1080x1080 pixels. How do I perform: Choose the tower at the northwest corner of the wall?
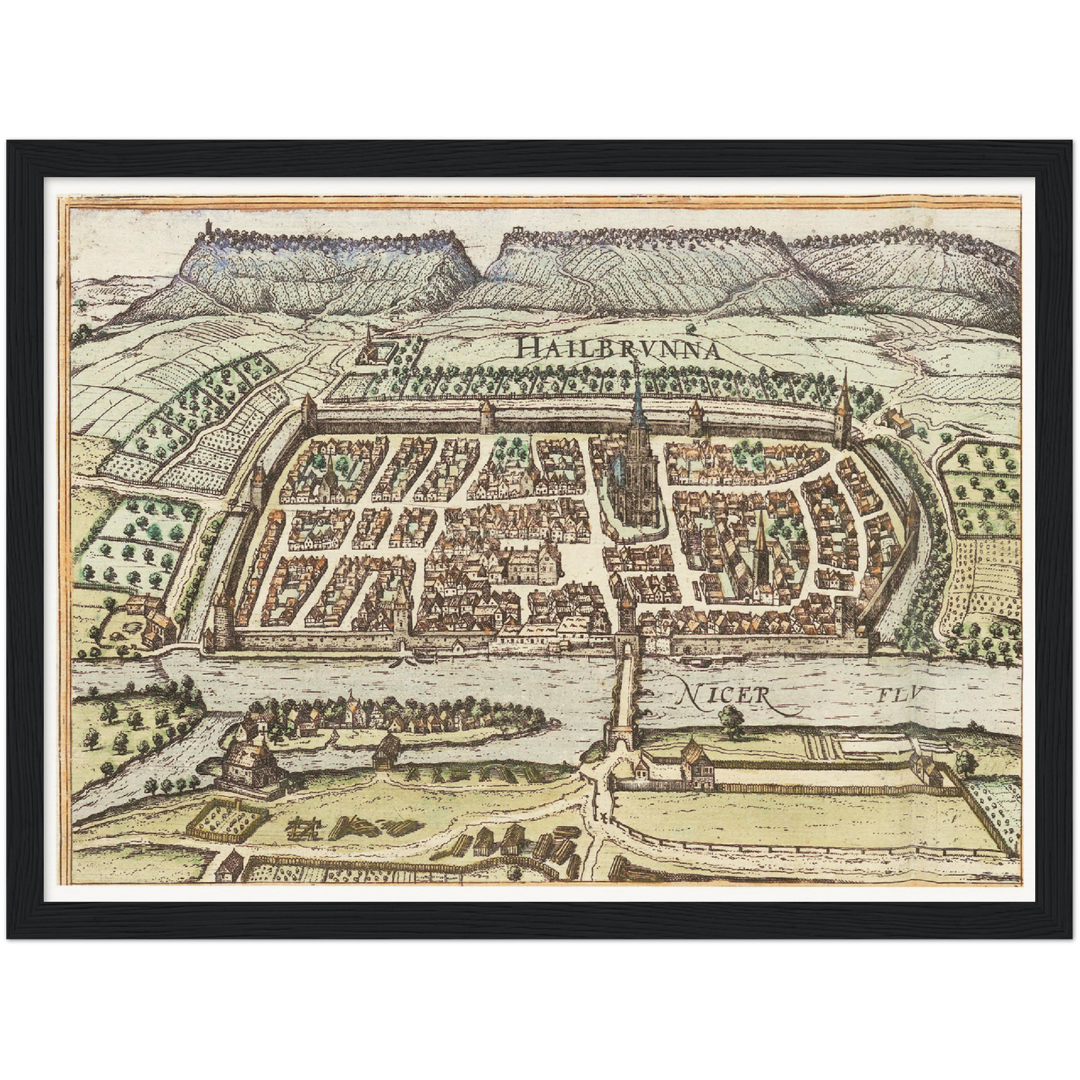point(308,415)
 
